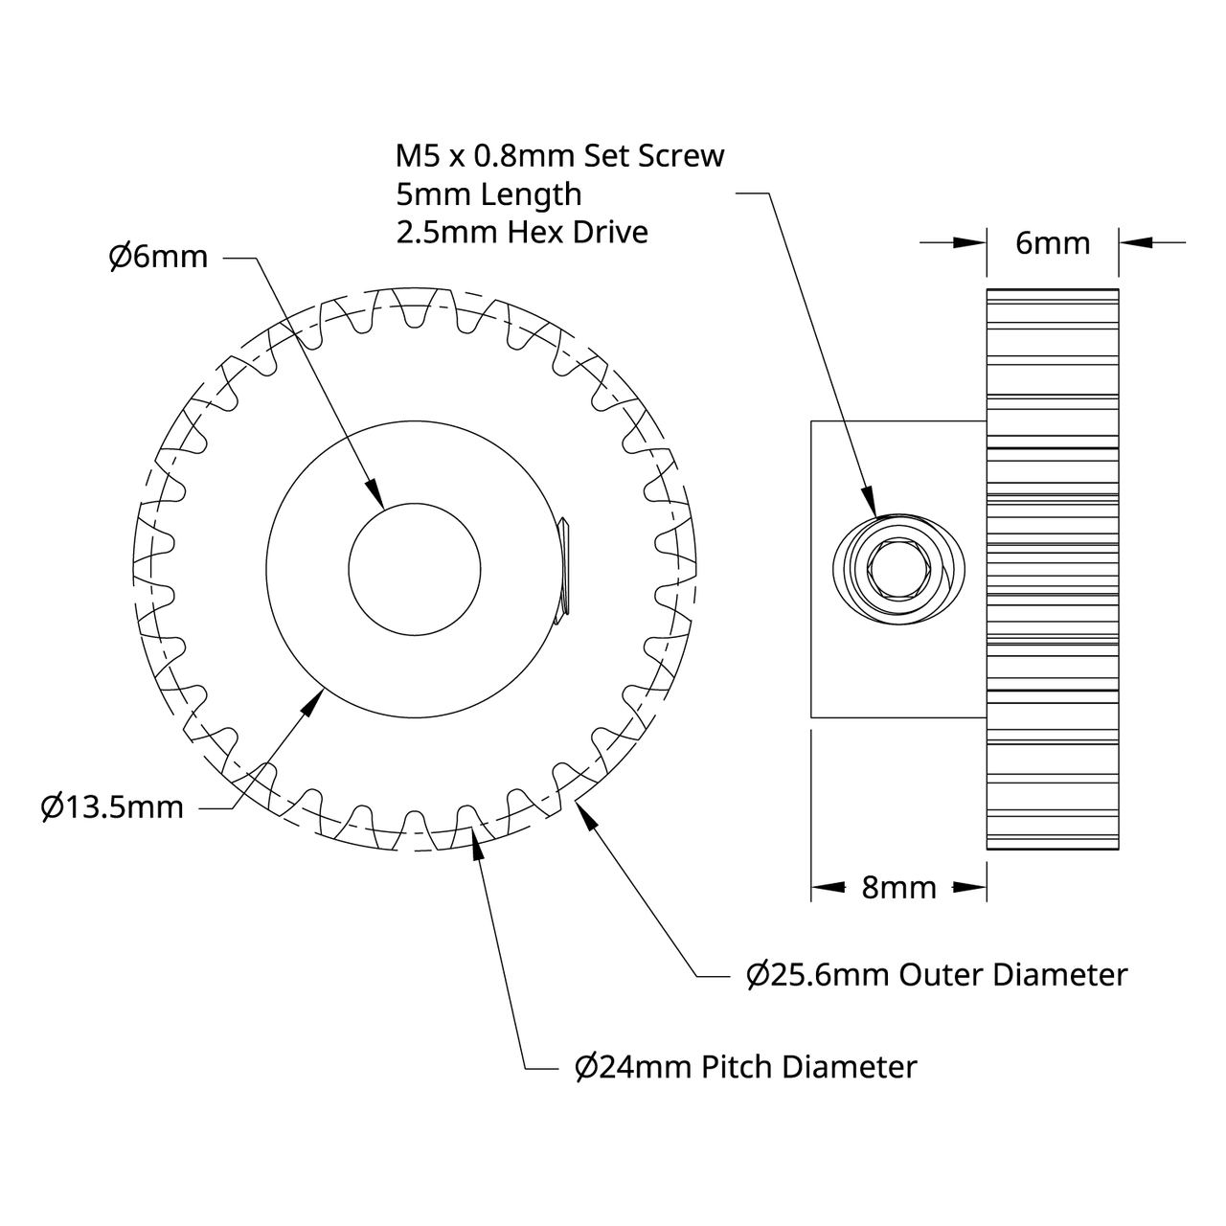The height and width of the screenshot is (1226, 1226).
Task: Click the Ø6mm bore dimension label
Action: [x=158, y=257]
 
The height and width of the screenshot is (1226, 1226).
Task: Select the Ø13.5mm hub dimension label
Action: [x=112, y=807]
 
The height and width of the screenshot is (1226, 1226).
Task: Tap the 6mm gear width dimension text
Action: [x=1052, y=243]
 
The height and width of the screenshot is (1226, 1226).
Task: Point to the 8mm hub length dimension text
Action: [x=898, y=888]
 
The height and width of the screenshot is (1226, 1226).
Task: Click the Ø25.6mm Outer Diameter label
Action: [x=937, y=975]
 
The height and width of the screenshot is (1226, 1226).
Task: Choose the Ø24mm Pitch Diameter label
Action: [x=745, y=1066]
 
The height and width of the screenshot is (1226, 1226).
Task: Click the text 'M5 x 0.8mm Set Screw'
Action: [x=560, y=155]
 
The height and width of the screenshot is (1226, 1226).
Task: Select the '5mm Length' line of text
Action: [x=488, y=193]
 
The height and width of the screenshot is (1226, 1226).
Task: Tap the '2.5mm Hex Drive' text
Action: [x=522, y=232]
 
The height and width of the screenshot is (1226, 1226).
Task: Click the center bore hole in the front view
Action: [x=414, y=568]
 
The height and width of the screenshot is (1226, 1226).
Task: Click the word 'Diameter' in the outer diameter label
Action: [x=1061, y=975]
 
